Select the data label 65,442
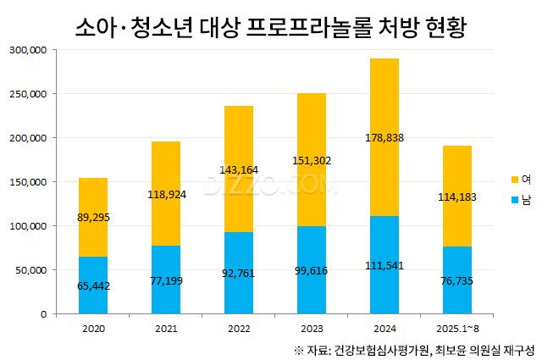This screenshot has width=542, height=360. (92, 285)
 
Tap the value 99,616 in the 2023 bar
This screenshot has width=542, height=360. (311, 270)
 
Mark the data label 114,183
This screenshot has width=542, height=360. (456, 197)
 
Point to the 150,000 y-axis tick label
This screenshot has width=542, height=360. (29, 181)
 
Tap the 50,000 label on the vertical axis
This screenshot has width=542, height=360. (31, 270)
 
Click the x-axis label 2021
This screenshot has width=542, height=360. (165, 326)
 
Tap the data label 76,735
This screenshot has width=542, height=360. (456, 280)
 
